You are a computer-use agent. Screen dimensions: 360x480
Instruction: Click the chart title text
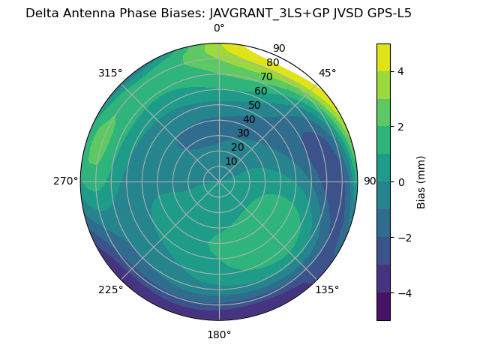click(x=218, y=13)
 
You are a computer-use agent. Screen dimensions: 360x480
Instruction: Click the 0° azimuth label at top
click(x=219, y=28)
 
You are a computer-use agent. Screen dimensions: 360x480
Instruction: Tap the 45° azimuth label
click(x=327, y=73)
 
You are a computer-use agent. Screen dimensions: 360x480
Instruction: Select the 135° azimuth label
click(x=327, y=289)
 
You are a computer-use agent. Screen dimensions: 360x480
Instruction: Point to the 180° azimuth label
click(x=219, y=334)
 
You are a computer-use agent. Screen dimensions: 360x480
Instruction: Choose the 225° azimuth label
click(x=110, y=289)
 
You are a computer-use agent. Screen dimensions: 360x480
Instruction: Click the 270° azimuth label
click(x=65, y=181)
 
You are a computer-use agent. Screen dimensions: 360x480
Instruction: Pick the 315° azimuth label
click(x=110, y=73)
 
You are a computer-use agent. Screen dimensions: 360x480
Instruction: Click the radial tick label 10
click(x=231, y=161)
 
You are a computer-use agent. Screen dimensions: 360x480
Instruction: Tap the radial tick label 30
click(x=243, y=133)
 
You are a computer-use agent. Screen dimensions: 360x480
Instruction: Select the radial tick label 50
click(x=254, y=105)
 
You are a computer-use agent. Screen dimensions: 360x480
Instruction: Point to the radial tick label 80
click(x=272, y=63)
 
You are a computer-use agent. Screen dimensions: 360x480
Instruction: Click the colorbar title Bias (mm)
click(x=421, y=182)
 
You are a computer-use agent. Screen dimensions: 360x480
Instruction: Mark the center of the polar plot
click(x=219, y=181)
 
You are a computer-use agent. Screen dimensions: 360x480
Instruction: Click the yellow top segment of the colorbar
click(x=383, y=57)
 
